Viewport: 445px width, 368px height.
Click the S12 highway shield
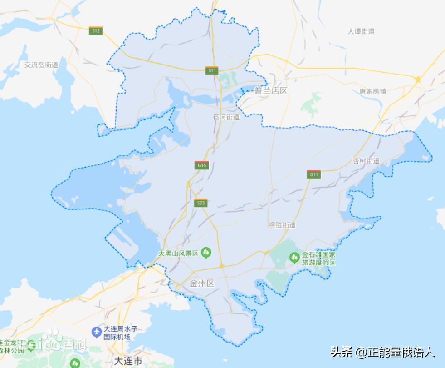pyautogui.click(x=96, y=31)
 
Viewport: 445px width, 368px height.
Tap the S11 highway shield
pyautogui.click(x=212, y=70)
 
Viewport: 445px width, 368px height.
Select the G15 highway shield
pyautogui.click(x=202, y=165)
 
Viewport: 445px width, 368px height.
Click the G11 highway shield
pyautogui.click(x=313, y=174)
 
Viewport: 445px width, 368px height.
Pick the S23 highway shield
pyautogui.click(x=200, y=203)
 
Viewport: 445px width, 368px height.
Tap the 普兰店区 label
pyautogui.click(x=271, y=91)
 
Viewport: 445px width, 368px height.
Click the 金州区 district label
pyautogui.click(x=202, y=284)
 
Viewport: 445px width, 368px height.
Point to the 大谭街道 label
pyautogui.click(x=361, y=31)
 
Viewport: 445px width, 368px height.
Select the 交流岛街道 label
pyautogui.click(x=41, y=65)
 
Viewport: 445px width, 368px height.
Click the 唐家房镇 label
pyautogui.click(x=372, y=91)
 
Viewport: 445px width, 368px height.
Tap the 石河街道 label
pyautogui.click(x=226, y=117)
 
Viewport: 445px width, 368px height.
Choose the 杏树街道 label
pyautogui.click(x=366, y=161)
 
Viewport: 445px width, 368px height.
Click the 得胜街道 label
pyautogui.click(x=282, y=225)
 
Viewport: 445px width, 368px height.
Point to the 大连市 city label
pyautogui.click(x=127, y=362)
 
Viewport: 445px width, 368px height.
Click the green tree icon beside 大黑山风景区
pyautogui.click(x=206, y=252)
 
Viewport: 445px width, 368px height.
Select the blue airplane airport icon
pyautogui.click(x=96, y=332)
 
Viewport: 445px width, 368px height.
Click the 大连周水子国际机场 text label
pyautogui.click(x=117, y=333)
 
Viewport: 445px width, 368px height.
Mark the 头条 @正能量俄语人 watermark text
pyautogui.click(x=382, y=352)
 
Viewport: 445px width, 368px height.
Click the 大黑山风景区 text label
pyautogui.click(x=178, y=253)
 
